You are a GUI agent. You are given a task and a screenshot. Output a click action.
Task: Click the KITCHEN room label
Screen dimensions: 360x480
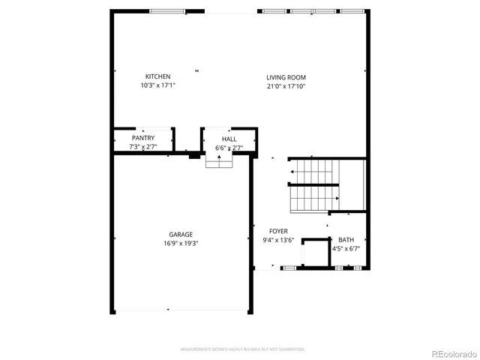157,76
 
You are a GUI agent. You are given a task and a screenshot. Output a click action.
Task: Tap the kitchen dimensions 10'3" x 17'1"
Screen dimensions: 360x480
157,86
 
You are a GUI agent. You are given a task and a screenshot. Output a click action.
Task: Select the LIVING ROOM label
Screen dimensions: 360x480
286,77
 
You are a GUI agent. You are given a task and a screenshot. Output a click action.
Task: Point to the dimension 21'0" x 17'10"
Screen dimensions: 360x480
286,86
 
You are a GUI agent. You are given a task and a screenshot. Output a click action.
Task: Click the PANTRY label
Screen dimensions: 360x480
142,138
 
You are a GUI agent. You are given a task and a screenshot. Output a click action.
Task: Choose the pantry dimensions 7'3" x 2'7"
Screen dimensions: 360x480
142,147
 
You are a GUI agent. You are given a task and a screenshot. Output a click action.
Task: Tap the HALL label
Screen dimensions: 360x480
229,139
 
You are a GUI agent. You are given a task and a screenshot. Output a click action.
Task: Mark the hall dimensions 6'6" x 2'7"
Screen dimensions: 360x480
229,148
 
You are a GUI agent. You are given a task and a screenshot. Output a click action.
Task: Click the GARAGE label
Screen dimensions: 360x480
180,234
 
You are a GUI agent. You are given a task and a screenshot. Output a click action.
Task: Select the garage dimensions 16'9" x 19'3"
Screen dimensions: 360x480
180,243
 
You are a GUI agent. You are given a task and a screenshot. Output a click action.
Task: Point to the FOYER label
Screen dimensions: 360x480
278,231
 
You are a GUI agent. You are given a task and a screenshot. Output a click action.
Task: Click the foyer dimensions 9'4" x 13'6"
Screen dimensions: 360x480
278,240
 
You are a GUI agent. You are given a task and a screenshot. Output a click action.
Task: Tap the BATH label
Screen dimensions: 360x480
346,239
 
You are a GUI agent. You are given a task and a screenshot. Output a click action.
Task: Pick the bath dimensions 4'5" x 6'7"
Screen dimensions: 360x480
346,248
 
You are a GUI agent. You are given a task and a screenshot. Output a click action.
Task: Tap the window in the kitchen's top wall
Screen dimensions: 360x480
167,11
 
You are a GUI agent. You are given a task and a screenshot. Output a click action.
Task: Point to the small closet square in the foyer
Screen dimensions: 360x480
316,253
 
